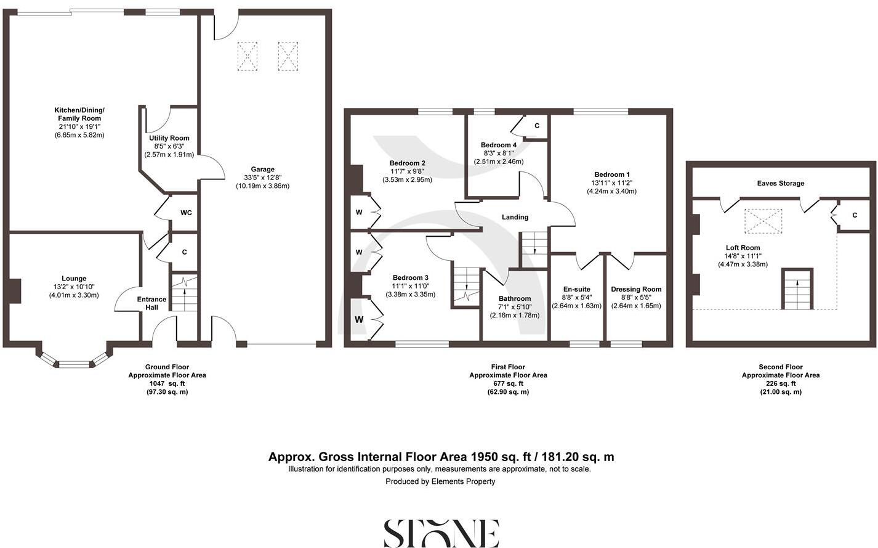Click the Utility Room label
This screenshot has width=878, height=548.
pyautogui.click(x=169, y=138)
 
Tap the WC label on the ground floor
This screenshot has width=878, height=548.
pyautogui.click(x=186, y=213)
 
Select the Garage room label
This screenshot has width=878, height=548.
pyautogui.click(x=262, y=170)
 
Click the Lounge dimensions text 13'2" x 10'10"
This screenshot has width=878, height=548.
pyautogui.click(x=74, y=287)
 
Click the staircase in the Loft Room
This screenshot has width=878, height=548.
pyautogui.click(x=797, y=290)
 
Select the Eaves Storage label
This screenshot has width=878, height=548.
pyautogui.click(x=780, y=183)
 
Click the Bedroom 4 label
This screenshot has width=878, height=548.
pyautogui.click(x=499, y=145)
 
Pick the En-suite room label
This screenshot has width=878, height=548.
pyautogui.click(x=576, y=289)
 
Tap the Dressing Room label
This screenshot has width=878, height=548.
pyautogui.click(x=636, y=289)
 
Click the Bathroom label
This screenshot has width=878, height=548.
pyautogui.click(x=515, y=298)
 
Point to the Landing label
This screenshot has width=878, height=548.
pyautogui.click(x=515, y=217)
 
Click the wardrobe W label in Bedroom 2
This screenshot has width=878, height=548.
pyautogui.click(x=359, y=213)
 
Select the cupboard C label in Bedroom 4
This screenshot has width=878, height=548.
pyautogui.click(x=537, y=126)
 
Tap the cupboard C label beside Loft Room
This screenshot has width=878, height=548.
pyautogui.click(x=855, y=215)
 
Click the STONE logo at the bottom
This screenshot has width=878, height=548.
pyautogui.click(x=441, y=533)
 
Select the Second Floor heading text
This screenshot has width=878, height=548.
pyautogui.click(x=780, y=367)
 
